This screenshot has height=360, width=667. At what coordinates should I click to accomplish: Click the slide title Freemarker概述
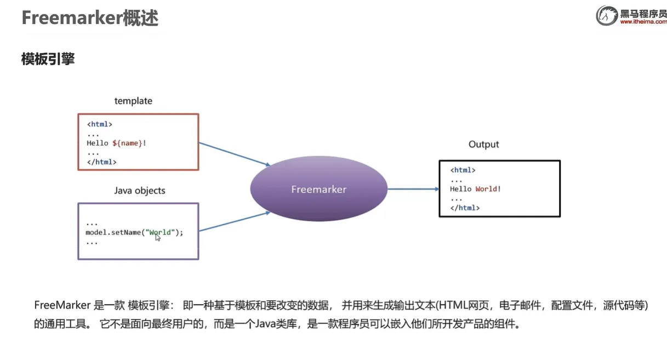point(90,18)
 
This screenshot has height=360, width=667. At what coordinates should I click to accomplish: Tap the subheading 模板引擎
point(48,59)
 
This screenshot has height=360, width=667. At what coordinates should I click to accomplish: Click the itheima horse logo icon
point(607,16)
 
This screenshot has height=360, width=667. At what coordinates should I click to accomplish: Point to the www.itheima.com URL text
point(643,22)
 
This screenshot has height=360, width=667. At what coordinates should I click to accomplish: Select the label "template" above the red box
point(133,101)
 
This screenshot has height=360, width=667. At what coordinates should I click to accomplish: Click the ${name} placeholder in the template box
point(128,143)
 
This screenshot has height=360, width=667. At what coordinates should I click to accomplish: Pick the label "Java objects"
point(140,191)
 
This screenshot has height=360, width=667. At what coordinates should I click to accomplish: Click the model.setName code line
point(134,232)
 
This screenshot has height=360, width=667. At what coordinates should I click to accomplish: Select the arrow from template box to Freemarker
point(235,154)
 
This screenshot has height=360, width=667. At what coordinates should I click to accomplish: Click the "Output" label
point(483,145)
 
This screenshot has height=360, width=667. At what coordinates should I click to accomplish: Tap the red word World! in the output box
point(488,189)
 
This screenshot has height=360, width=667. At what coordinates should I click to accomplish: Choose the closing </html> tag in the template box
point(101,162)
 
